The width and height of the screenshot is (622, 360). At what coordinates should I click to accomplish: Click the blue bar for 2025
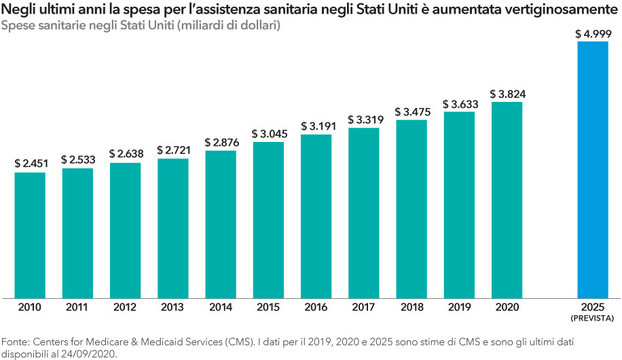(597, 170)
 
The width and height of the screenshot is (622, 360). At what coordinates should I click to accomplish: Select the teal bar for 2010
(30, 234)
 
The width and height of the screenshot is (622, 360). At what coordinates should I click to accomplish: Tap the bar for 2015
(268, 219)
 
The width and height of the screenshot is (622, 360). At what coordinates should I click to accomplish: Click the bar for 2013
(172, 228)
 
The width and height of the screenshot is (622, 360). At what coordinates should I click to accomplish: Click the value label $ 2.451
(30, 164)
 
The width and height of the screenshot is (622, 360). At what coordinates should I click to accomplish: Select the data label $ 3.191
(316, 126)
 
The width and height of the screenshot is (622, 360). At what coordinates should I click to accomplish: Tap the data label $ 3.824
(507, 94)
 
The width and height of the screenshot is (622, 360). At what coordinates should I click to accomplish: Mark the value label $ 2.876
(220, 142)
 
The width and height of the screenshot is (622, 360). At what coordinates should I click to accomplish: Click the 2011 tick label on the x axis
(77, 307)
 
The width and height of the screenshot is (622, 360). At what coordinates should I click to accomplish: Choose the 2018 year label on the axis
(411, 307)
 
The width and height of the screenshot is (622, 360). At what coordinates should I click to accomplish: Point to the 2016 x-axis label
(316, 307)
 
